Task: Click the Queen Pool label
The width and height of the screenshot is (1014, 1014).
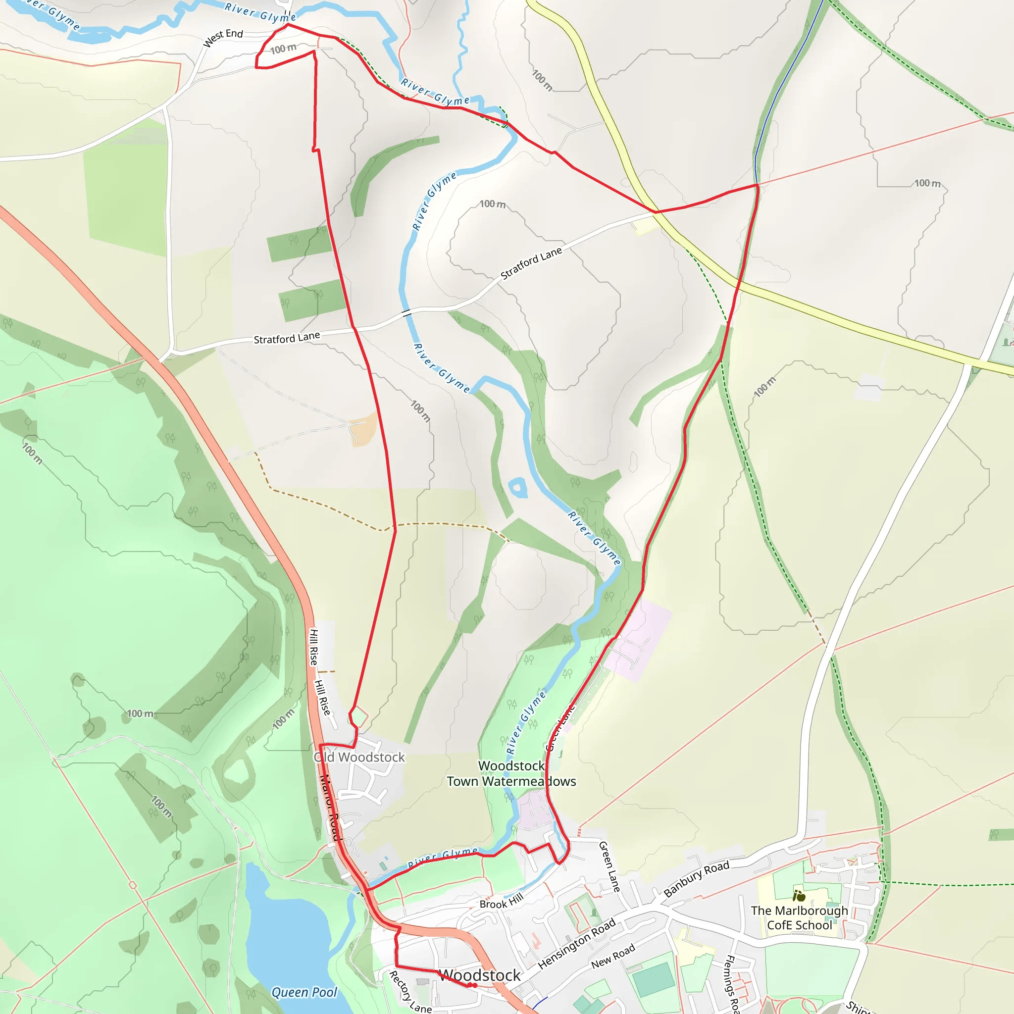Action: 304,992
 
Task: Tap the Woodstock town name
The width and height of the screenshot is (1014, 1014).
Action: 479,975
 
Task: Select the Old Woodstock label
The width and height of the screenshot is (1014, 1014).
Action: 359,757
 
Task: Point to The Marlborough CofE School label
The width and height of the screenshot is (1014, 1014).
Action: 799,917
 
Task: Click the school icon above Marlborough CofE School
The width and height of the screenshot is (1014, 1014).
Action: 799,895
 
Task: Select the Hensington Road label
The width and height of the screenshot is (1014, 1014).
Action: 576,944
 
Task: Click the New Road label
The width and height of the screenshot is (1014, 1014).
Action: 612,956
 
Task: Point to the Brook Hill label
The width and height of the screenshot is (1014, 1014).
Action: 501,901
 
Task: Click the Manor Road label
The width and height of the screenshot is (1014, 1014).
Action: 330,807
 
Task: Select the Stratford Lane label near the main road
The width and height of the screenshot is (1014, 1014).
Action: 287,338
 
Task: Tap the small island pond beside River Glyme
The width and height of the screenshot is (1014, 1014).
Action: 518,488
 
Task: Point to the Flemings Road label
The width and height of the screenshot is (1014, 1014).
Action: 731,984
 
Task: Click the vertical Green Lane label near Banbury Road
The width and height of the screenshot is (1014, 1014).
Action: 609,866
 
